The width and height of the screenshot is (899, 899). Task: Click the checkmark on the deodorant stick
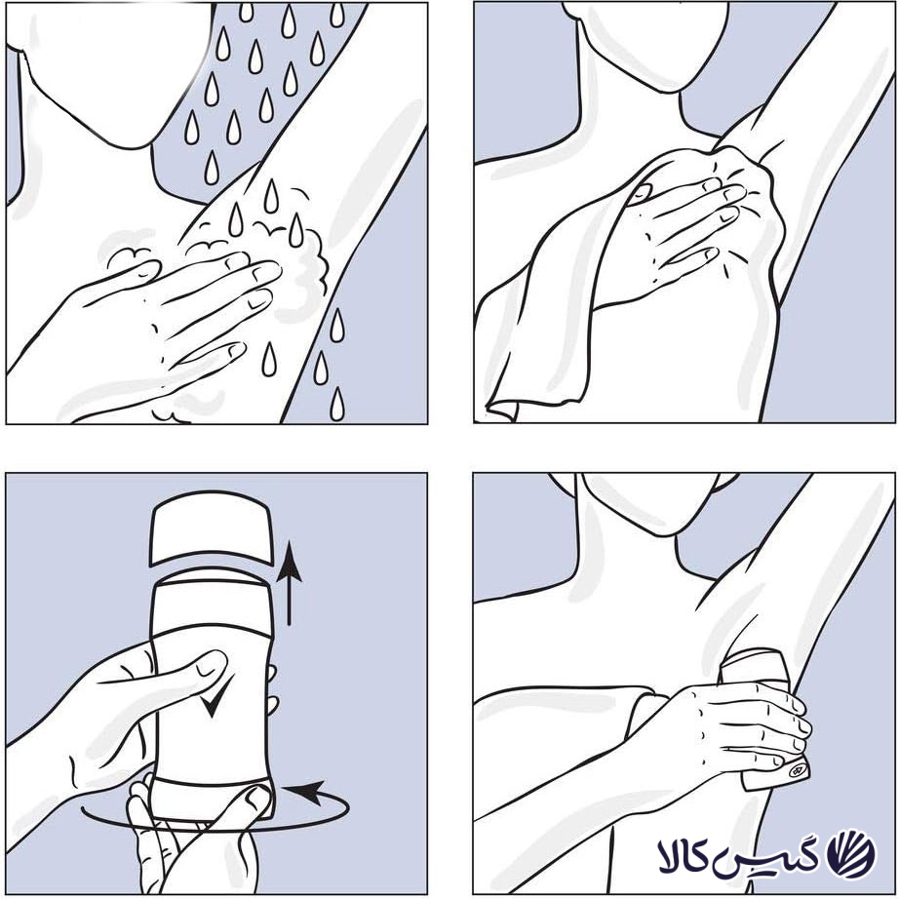pos(215,695)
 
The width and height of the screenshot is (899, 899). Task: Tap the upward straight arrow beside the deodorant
pos(289,582)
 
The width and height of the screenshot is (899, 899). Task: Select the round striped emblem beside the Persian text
pos(851,854)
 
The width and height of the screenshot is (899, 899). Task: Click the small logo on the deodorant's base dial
pos(797,770)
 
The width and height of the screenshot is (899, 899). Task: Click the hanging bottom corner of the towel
pos(500,410)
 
